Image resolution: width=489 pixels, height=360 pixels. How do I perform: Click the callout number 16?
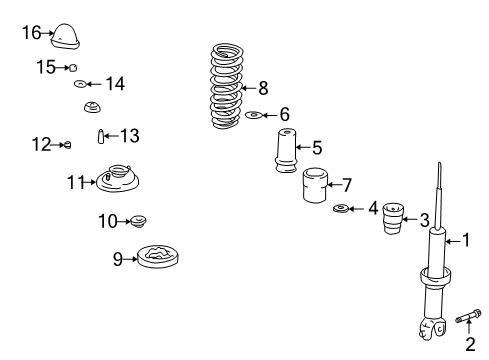coord(32,33)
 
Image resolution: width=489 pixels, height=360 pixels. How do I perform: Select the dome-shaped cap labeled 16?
coord(66,37)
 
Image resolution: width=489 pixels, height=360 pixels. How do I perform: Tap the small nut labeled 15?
coord(73,68)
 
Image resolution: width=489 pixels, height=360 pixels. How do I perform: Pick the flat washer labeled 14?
coord(80,84)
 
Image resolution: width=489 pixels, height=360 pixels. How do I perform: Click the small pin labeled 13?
coord(101,136)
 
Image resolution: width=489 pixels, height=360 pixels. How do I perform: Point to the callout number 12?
coord(41,145)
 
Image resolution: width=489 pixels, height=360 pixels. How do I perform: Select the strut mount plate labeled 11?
coord(117,178)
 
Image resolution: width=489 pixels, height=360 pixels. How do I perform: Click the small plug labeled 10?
coord(139,221)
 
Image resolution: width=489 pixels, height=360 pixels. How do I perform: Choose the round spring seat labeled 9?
coord(158,256)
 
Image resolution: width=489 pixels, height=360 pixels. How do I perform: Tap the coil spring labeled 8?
coord(227,86)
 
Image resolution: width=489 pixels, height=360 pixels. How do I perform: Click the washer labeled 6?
coord(254,115)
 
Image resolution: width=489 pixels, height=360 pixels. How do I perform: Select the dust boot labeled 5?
coord(286,151)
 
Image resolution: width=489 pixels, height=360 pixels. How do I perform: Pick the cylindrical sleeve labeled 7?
coord(315,185)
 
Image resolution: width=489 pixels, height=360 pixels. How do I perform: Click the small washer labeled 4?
coord(341,209)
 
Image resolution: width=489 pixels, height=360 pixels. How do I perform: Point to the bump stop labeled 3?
coord(393,218)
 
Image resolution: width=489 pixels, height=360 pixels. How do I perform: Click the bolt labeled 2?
coord(468,316)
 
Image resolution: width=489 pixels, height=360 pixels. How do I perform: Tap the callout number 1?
coord(466,240)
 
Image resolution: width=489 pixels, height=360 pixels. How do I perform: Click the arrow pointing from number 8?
coord(248,88)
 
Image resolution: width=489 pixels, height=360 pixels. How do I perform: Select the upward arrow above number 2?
coord(469,326)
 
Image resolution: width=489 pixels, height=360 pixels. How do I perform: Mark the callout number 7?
coord(347,185)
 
